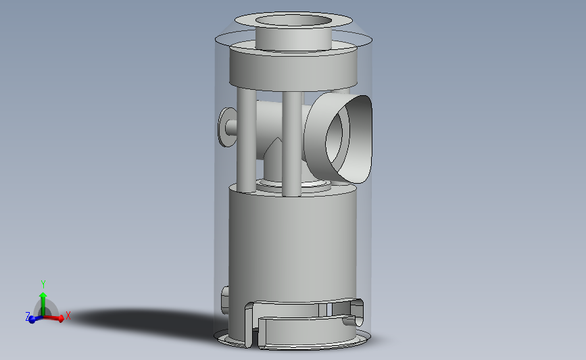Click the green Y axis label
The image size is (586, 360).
[43, 284]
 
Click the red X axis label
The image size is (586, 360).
[68, 315]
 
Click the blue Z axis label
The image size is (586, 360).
[28, 316]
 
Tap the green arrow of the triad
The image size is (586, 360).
[43, 301]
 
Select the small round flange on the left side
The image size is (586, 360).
[224, 126]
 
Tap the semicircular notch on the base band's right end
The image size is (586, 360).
[349, 322]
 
